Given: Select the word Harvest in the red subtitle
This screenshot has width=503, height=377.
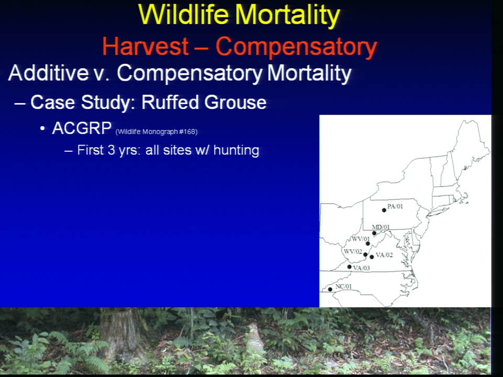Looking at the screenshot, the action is (x=145, y=46).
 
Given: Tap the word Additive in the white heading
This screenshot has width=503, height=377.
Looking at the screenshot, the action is (x=49, y=73).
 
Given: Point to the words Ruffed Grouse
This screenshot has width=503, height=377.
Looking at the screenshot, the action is (x=204, y=102).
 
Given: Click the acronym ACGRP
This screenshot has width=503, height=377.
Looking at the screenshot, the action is (x=82, y=128).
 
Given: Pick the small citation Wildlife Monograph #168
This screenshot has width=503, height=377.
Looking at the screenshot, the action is (x=156, y=131).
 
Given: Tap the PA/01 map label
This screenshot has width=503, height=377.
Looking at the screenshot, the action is (x=395, y=206).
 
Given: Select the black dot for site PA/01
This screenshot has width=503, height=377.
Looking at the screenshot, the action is (x=384, y=210).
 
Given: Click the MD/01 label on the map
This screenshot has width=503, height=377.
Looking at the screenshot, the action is (x=381, y=227).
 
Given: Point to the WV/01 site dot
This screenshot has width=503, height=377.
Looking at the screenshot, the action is (x=368, y=243).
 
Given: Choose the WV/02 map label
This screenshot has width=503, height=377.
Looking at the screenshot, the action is (x=353, y=251).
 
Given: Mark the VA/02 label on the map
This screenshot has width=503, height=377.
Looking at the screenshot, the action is (x=384, y=255).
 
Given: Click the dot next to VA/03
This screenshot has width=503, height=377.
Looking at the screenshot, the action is (x=349, y=267).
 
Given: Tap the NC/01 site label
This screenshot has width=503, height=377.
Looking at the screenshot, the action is (x=344, y=286).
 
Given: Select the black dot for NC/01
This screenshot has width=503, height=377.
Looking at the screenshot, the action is (x=330, y=290).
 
